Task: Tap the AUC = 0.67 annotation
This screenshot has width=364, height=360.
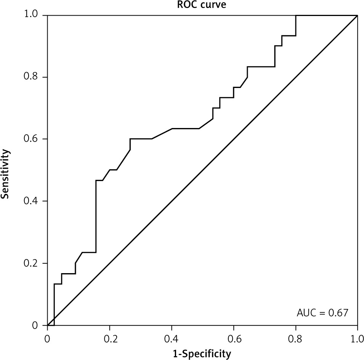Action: click(322, 313)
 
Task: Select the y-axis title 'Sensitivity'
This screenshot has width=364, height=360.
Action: click(5, 174)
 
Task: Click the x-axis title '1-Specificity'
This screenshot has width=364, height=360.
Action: click(202, 354)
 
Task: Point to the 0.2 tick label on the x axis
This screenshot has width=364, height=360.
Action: click(109, 338)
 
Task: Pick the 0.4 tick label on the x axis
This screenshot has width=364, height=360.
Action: click(172, 338)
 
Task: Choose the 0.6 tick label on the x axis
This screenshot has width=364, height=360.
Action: click(233, 338)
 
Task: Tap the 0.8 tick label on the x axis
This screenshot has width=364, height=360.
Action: click(295, 338)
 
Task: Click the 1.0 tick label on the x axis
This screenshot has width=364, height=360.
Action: click(357, 338)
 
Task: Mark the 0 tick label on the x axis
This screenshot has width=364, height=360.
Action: click(47, 338)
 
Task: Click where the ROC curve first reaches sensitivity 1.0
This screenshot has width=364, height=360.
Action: click(296, 16)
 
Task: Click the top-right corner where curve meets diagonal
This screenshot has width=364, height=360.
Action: click(357, 16)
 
